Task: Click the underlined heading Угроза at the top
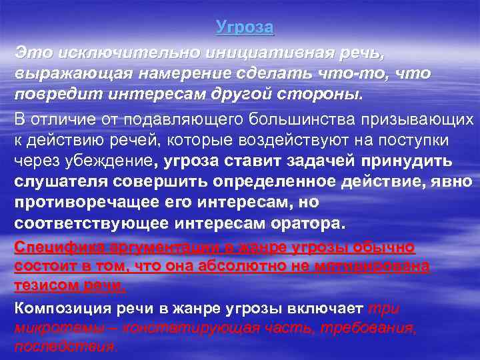[245, 28]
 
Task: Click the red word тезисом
[47, 286]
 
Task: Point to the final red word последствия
[65, 347]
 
